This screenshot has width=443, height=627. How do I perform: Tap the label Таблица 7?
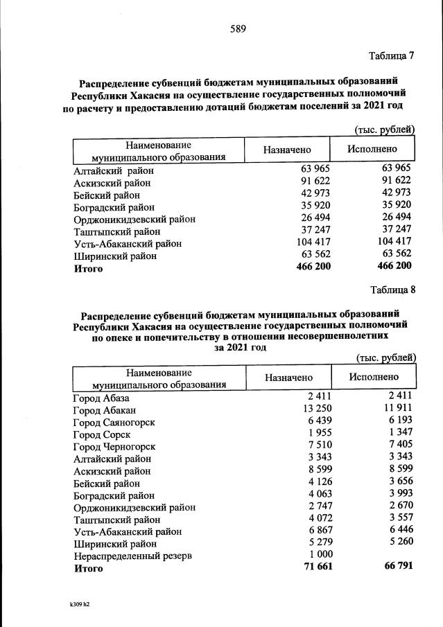392,55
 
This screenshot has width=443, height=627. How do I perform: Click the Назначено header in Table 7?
287,150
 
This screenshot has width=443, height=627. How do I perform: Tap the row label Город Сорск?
102,434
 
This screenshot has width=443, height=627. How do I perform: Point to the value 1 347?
399,434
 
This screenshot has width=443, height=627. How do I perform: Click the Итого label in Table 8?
88,568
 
